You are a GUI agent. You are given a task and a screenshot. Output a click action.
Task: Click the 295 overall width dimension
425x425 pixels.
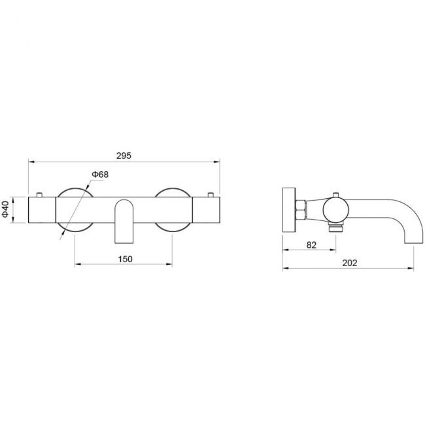pyautogui.click(x=124, y=156)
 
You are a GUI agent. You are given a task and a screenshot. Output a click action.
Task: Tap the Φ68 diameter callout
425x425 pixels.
pyautogui.click(x=100, y=175)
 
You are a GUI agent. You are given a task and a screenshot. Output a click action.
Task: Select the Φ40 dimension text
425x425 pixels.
pyautogui.click(x=5, y=210)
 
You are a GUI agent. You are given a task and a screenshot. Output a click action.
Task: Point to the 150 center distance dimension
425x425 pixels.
pyautogui.click(x=126, y=259)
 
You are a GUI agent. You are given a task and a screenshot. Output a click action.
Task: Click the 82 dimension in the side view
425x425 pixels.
pyautogui.click(x=311, y=245)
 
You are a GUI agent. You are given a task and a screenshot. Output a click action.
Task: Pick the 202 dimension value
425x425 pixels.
pyautogui.click(x=350, y=263)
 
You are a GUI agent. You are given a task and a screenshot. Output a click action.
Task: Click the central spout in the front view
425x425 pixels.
pyautogui.click(x=125, y=221)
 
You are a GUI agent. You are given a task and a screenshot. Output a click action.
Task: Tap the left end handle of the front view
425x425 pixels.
pyautogui.click(x=42, y=210)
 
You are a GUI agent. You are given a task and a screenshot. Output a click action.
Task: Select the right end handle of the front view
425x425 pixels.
pyautogui.click(x=206, y=210)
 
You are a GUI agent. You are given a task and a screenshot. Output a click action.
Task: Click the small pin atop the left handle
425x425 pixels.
pyautogui.click(x=40, y=195)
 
